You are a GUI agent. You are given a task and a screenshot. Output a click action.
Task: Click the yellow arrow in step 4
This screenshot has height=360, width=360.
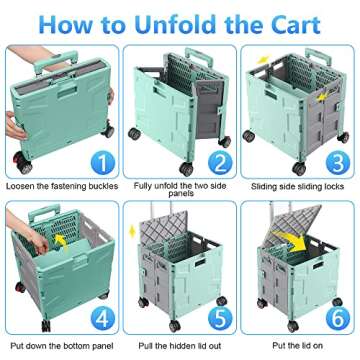click(x=62, y=240)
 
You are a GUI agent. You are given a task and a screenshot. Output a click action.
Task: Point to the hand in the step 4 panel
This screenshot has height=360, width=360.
click(x=40, y=241)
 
